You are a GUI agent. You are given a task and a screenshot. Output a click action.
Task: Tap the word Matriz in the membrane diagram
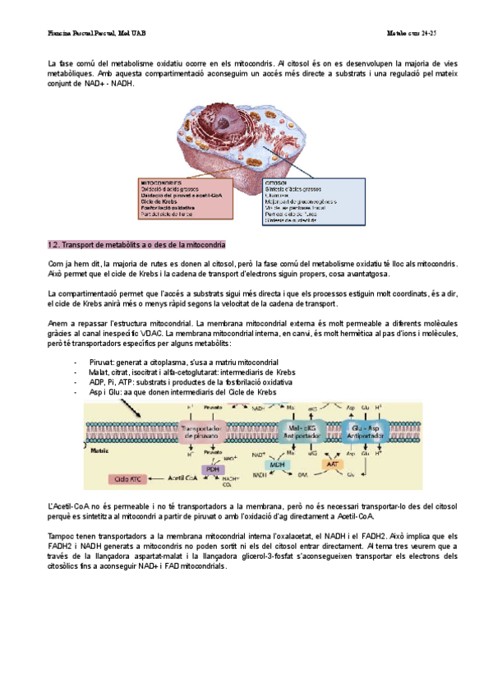pos(99,451)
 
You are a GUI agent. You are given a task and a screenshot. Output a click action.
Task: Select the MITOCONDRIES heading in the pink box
pos(161,182)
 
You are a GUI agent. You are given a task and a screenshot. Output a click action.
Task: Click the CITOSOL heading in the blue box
pos(276,182)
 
